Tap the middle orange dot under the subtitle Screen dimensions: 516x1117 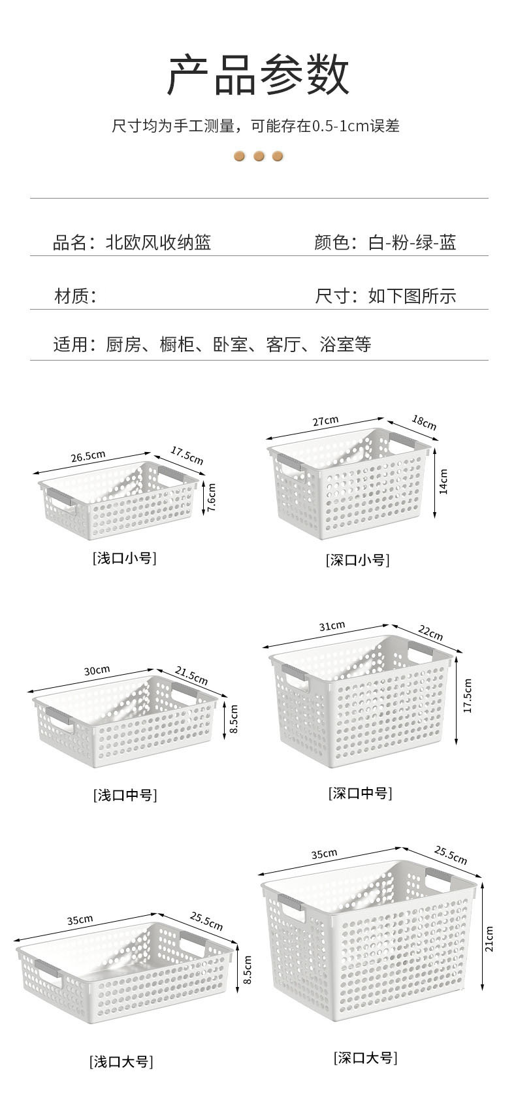tap(259, 157)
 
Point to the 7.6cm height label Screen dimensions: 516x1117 tap(210, 498)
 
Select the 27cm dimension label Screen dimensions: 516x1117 tap(325, 421)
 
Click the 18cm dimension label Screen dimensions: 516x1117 tap(424, 423)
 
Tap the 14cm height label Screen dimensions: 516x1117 tap(443, 481)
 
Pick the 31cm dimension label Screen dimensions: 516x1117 tap(332, 626)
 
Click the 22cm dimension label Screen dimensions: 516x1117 tap(430, 632)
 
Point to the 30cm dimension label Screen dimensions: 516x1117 tap(97, 670)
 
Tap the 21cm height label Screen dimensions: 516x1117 tap(489, 939)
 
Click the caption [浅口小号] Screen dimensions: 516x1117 tap(124, 558)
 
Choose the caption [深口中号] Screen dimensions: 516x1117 tap(360, 794)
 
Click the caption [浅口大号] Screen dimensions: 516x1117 tap(121, 1062)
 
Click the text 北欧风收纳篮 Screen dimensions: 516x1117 tap(159, 243)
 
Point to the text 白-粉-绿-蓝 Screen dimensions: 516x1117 tap(412, 243)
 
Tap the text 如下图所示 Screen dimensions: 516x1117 tap(412, 296)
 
